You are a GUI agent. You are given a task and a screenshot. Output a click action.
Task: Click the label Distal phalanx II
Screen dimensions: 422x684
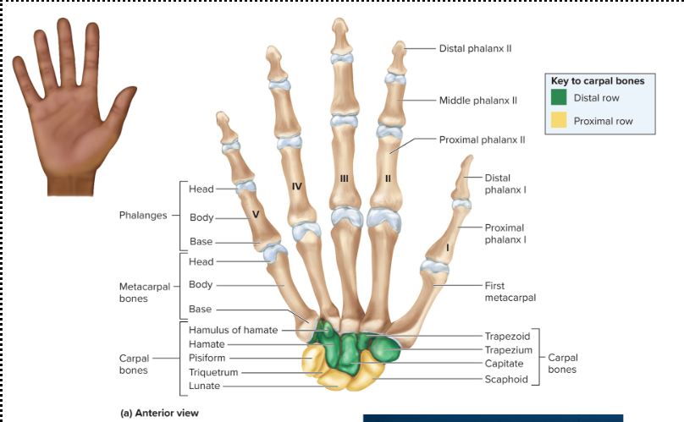tap(475, 48)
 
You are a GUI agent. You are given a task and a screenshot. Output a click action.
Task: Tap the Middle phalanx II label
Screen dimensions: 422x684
tap(477, 100)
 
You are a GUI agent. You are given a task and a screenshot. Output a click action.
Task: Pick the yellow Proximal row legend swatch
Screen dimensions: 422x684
tap(559, 121)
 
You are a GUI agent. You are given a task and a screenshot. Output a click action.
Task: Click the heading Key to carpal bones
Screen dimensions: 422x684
tap(598, 81)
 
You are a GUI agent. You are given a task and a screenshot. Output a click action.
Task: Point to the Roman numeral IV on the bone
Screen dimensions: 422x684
tap(296, 184)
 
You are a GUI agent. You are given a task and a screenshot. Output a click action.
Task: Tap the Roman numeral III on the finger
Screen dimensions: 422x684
tap(344, 178)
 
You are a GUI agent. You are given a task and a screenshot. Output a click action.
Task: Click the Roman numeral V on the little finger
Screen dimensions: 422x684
tap(255, 215)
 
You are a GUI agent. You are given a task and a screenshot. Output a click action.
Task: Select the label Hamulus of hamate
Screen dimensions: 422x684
tap(233, 330)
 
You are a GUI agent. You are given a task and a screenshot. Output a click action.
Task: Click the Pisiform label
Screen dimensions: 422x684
tap(207, 358)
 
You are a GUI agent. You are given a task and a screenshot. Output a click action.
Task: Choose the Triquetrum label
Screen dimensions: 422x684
tap(213, 372)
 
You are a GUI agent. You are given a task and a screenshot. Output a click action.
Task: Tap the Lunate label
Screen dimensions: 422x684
tap(204, 386)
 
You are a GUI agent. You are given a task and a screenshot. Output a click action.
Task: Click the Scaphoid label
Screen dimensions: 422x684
tap(506, 379)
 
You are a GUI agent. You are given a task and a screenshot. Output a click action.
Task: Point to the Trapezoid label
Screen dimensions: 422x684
tap(507, 336)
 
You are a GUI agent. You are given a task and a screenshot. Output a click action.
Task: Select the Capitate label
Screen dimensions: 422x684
tap(505, 364)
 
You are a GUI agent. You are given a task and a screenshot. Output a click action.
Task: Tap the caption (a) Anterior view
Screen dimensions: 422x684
tap(158, 414)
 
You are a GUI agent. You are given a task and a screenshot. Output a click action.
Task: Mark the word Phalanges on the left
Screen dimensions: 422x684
tap(143, 215)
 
